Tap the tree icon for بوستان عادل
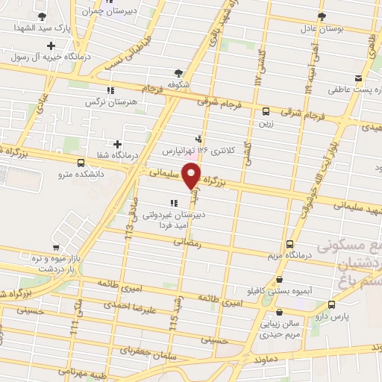pyautogui.click(x=321, y=16)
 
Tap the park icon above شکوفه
pyautogui.click(x=178, y=72)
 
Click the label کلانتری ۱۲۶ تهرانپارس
pyautogui.click(x=199, y=149)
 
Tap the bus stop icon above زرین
pyautogui.click(x=266, y=112)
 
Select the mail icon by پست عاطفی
pyautogui.click(x=359, y=78)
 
